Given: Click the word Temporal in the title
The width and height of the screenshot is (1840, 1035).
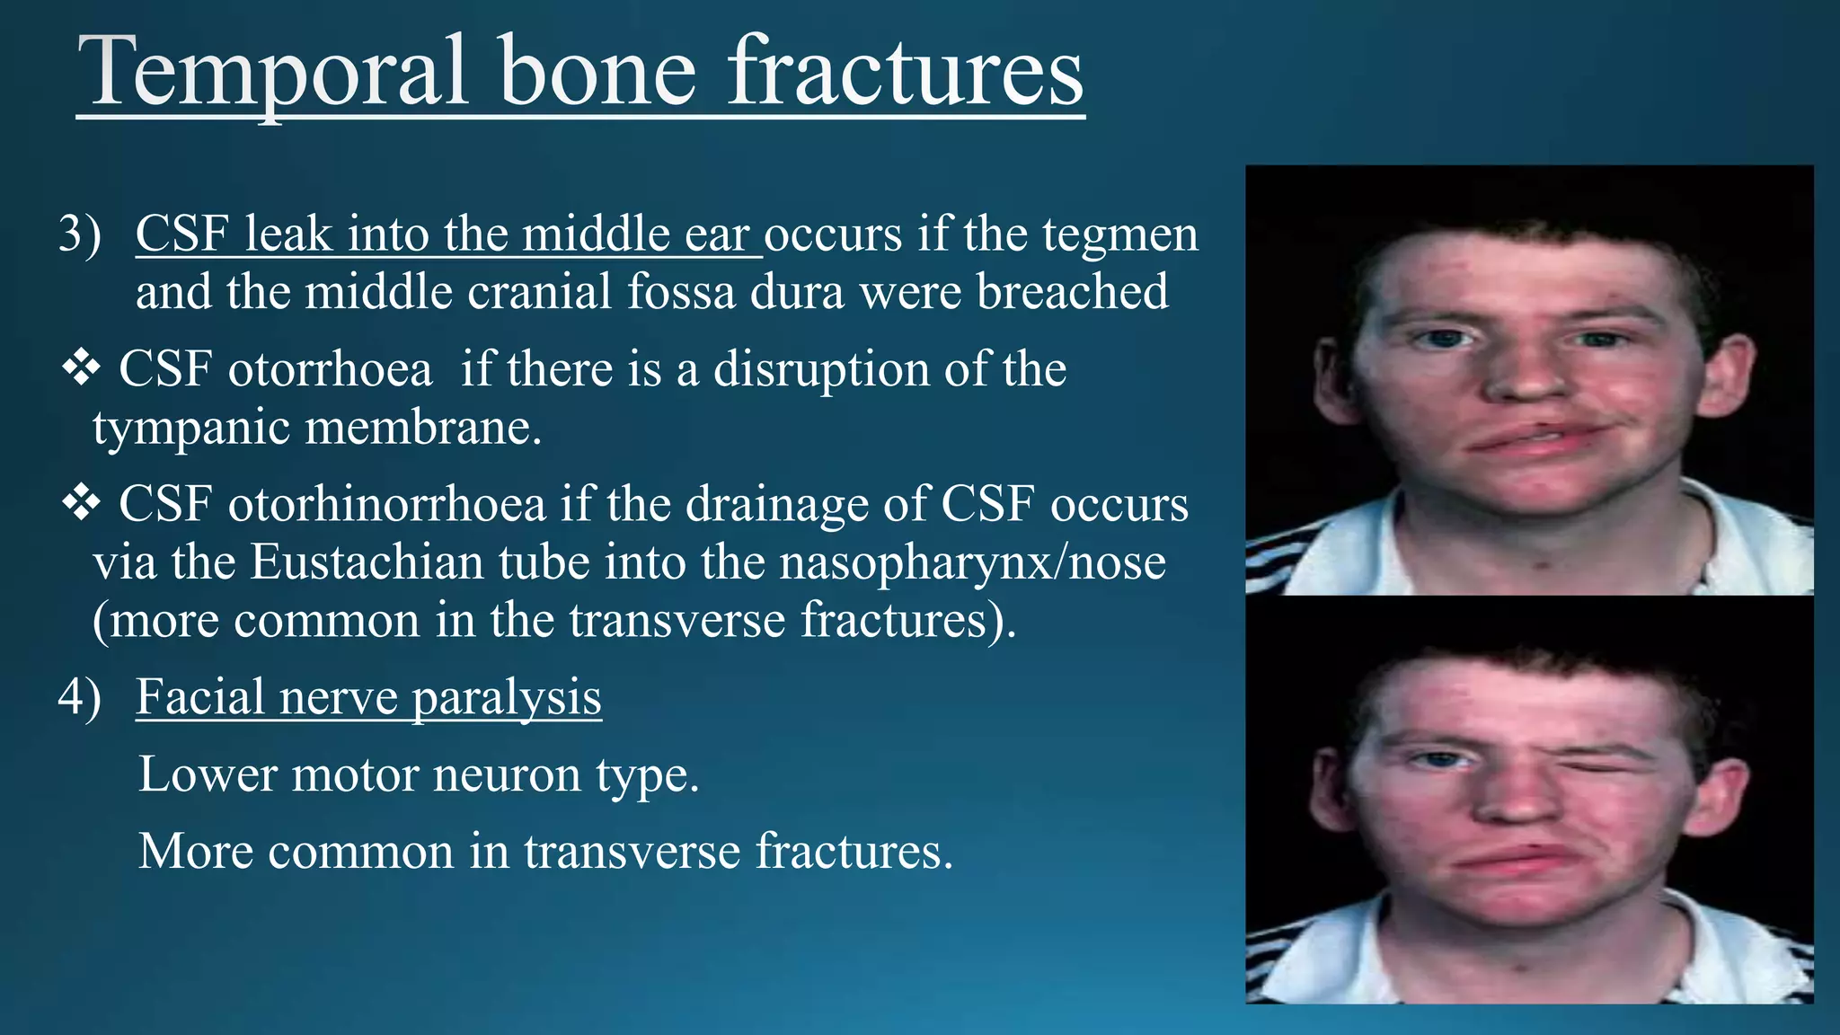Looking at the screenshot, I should point(274,72).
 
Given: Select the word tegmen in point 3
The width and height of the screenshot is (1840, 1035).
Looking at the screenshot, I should point(1120,235).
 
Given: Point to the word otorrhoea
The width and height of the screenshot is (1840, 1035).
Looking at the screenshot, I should point(330,370).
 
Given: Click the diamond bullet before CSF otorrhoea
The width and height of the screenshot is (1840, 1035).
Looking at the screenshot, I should point(81,368).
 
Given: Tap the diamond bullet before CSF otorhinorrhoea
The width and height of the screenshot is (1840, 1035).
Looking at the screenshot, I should point(81,503).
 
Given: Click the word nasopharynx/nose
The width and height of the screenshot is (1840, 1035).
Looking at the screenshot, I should point(972,563).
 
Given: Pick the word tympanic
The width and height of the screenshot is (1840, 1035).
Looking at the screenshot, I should point(190,428).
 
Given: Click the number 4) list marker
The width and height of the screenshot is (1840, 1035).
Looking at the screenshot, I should point(79,697).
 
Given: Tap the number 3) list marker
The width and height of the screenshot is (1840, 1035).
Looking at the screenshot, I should point(79,234).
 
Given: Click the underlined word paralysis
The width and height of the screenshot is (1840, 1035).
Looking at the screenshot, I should point(507,698).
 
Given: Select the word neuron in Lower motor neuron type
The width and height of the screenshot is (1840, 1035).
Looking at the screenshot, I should point(507,774).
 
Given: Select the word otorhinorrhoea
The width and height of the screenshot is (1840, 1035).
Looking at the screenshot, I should point(386,505).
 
